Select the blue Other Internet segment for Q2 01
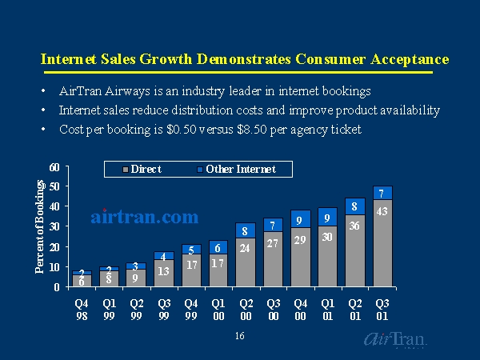pos(355,206)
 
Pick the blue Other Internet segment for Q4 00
pos(301,218)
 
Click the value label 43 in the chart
pos(382,210)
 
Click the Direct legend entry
pos(145,169)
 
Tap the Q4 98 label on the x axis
pos(82,309)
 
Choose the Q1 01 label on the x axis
pos(328,309)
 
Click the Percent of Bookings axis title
pos(39,227)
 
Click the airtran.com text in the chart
pos(144,216)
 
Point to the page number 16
pos(240,336)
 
